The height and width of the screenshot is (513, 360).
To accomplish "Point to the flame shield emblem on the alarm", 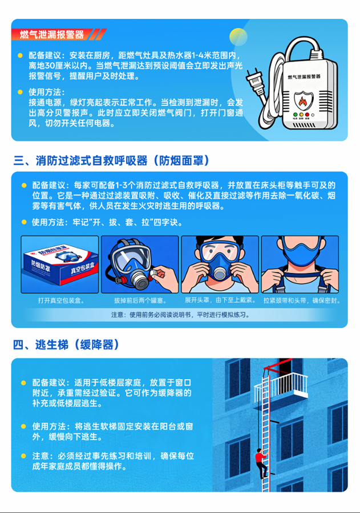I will click(x=302, y=101).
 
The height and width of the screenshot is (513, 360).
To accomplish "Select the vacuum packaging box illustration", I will click(x=59, y=264).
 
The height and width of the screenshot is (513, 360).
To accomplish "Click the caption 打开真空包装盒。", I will click(x=59, y=300).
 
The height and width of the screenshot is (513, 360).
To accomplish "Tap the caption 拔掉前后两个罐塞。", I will click(x=139, y=300).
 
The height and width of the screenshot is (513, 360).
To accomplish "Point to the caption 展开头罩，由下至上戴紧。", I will click(x=220, y=300).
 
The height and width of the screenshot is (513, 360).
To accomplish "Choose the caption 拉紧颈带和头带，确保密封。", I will click(x=300, y=300).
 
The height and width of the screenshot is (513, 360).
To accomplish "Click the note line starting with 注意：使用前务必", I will click(x=180, y=315).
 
